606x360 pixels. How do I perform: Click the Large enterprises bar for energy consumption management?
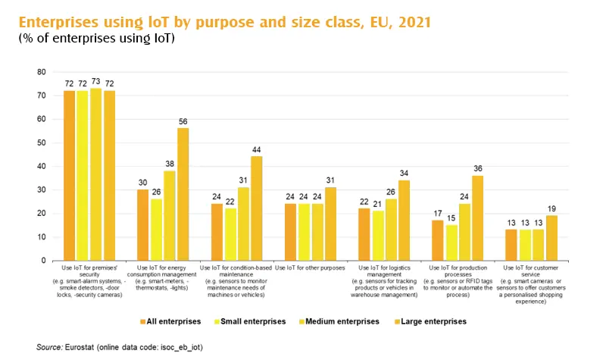click(183, 194)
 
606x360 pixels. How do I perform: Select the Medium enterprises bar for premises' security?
click(95, 174)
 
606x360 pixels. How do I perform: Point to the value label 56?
click(183, 121)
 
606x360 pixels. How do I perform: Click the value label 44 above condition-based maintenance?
click(256, 150)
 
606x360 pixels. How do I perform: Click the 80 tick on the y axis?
click(42, 72)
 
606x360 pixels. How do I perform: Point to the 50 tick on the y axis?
click(42, 142)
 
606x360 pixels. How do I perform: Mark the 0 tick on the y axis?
click(44, 261)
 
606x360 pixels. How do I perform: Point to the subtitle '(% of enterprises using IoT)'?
click(96, 38)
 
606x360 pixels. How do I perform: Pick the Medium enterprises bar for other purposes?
click(317, 232)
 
